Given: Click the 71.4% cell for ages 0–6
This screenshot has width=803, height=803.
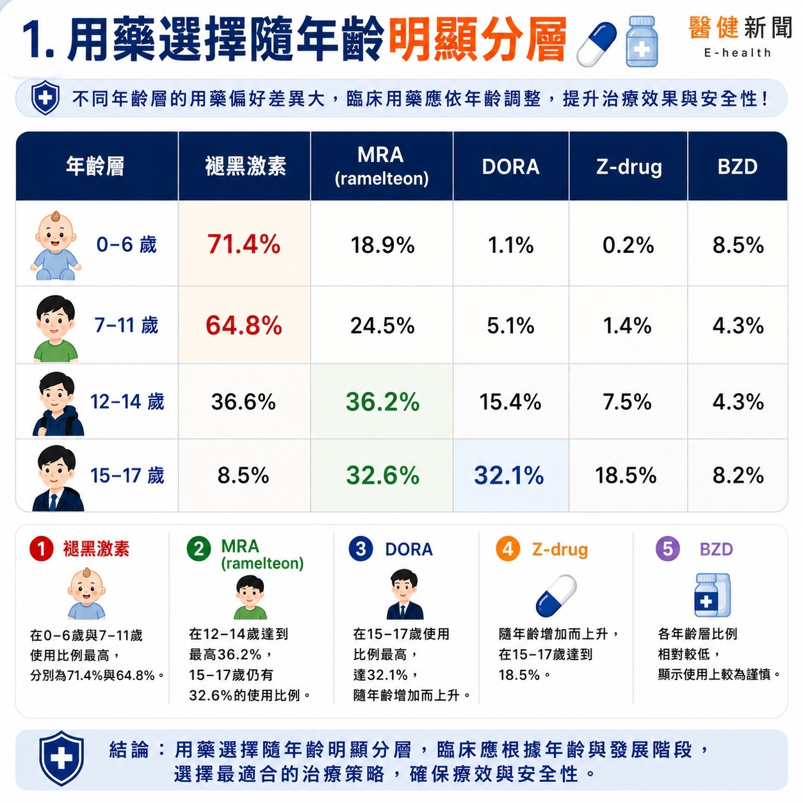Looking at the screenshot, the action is [244, 244].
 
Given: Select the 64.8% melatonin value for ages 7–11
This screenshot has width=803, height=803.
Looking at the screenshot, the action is [244, 325].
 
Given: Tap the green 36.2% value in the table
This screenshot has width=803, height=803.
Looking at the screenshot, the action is [382, 401].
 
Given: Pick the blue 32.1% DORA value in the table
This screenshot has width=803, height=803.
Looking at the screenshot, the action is [509, 475].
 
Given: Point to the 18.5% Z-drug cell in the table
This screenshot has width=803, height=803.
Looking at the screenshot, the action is [626, 475].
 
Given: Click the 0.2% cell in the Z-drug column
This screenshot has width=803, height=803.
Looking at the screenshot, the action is [628, 245].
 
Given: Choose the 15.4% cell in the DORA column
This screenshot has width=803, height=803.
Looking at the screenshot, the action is [510, 401].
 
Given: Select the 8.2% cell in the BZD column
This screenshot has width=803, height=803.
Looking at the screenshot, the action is [738, 475].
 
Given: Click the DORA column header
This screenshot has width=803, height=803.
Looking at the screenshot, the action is [510, 166].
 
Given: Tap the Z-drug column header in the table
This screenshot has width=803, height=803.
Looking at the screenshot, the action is [629, 167].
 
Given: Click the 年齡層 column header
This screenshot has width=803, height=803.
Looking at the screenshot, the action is [95, 166].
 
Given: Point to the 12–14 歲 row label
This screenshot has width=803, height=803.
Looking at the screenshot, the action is [127, 401].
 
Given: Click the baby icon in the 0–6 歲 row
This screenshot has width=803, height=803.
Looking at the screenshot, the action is [56, 246].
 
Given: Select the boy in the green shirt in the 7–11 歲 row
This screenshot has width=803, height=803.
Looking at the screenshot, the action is [56, 328].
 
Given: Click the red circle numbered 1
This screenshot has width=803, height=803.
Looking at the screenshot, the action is [41, 548].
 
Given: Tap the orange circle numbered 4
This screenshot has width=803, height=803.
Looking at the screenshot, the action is [508, 548].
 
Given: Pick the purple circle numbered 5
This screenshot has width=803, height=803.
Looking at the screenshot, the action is [668, 548].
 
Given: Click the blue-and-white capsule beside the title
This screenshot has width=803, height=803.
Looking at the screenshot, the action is [596, 44].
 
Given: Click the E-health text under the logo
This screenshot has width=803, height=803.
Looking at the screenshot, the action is [737, 53].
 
